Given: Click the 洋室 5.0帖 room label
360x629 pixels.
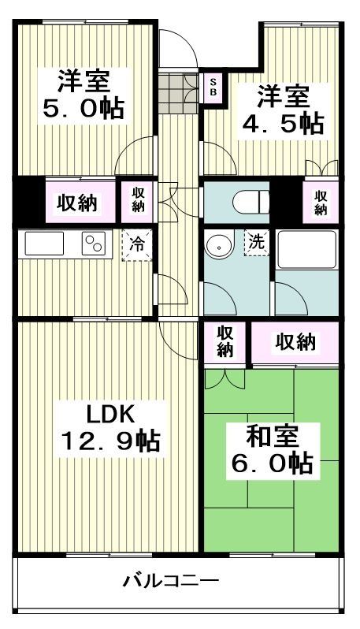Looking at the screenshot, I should point(83,94).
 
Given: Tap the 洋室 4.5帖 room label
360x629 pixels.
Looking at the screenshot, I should point(281,110).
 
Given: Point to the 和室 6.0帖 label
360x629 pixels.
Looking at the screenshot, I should point(269,448).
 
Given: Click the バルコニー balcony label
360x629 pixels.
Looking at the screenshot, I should point(170,582).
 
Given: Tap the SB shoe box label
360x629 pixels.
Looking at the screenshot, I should point(213,87).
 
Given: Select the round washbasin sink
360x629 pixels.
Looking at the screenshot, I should point(217,248).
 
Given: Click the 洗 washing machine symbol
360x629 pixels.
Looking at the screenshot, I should point(256,242).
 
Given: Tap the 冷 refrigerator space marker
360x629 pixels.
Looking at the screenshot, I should point(136,244).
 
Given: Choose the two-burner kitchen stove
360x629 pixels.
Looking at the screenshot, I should point(95,244).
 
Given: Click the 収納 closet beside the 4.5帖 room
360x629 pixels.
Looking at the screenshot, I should point(321,203).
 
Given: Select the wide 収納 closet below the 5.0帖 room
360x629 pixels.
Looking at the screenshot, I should point(76,203).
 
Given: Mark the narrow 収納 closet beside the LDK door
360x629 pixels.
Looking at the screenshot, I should point(225,341).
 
